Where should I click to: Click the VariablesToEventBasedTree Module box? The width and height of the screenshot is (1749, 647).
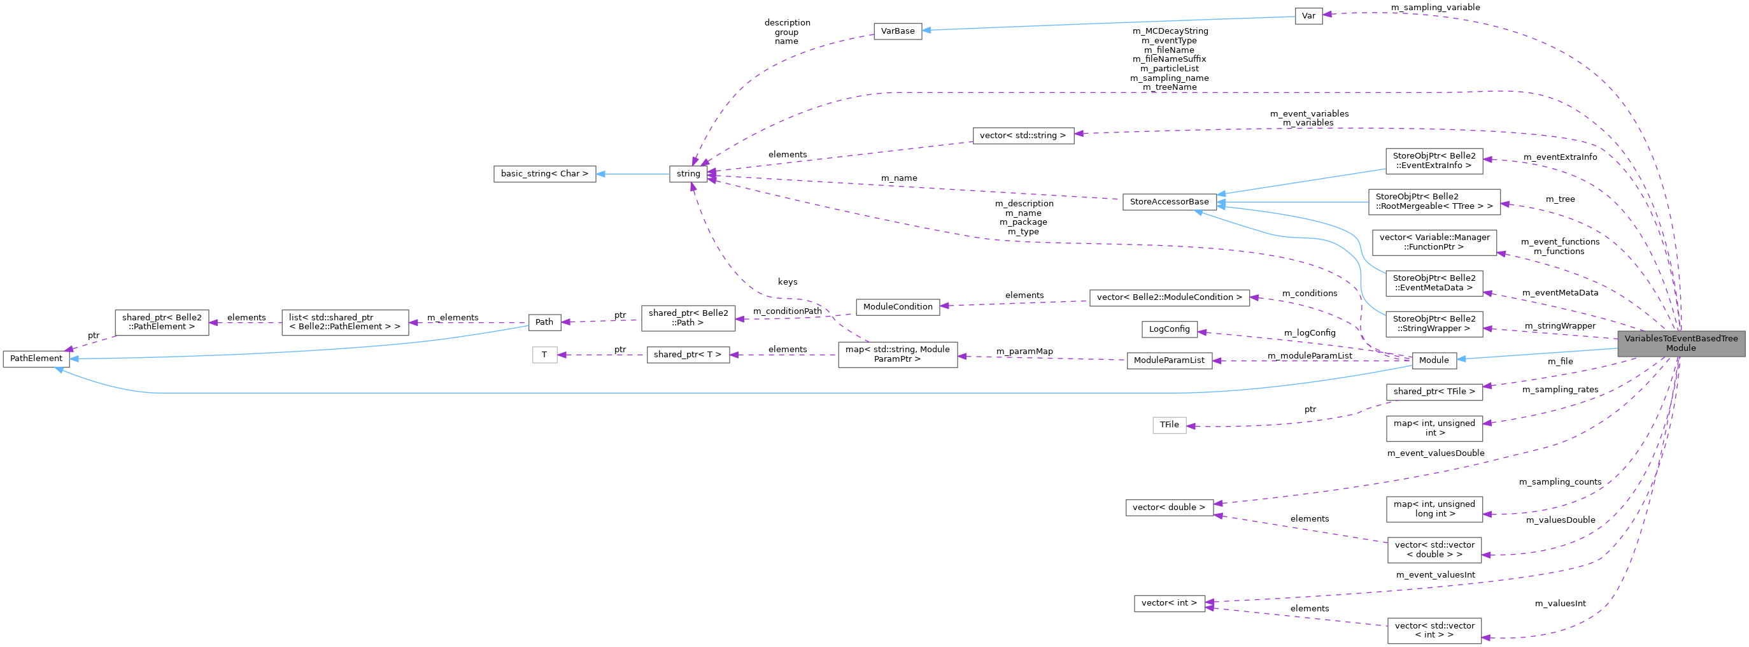pyautogui.click(x=1680, y=343)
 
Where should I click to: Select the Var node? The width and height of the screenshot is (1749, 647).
pyautogui.click(x=1308, y=17)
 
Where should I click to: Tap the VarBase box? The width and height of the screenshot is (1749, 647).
pyautogui.click(x=898, y=31)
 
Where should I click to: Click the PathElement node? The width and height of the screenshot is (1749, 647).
pyautogui.click(x=36, y=359)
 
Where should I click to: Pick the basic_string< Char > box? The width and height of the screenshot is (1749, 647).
pyautogui.click(x=544, y=174)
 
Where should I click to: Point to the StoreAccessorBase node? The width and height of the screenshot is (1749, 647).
pyautogui.click(x=1169, y=202)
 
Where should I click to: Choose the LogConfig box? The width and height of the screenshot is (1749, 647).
pyautogui.click(x=1169, y=329)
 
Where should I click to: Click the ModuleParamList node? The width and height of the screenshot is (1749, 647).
pyautogui.click(x=1169, y=360)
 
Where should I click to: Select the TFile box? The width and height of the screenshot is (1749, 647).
pyautogui.click(x=1169, y=425)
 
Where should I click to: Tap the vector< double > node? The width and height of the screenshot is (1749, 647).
pyautogui.click(x=1169, y=507)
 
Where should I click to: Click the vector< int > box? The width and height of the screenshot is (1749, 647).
pyautogui.click(x=1169, y=603)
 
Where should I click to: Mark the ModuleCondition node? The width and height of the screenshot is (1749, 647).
pyautogui.click(x=898, y=307)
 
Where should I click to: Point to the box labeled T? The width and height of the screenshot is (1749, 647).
pyautogui.click(x=544, y=355)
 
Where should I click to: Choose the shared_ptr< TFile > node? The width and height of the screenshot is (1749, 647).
pyautogui.click(x=1434, y=392)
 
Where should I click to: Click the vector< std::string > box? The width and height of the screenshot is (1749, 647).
pyautogui.click(x=1023, y=136)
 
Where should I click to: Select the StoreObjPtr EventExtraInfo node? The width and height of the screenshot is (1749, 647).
pyautogui.click(x=1434, y=161)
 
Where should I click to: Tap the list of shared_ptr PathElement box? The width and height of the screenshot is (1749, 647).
pyautogui.click(x=345, y=322)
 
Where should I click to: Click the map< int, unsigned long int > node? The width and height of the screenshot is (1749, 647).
pyautogui.click(x=1434, y=509)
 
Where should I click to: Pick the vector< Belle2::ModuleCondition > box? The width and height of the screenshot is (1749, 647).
pyautogui.click(x=1169, y=297)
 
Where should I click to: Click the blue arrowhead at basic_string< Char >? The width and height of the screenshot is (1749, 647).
pyautogui.click(x=601, y=174)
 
